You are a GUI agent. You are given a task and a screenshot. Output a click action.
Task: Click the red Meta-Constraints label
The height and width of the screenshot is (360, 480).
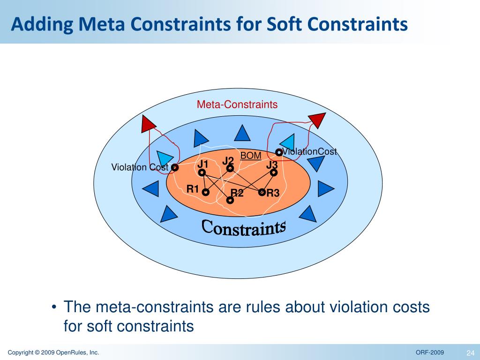pos(237,105)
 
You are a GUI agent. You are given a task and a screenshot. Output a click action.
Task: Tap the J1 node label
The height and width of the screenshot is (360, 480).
pos(202,164)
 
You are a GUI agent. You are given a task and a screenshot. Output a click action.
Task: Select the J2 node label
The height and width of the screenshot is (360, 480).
pos(228,161)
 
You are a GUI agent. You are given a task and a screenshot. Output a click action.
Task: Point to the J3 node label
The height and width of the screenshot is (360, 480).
pos(272,165)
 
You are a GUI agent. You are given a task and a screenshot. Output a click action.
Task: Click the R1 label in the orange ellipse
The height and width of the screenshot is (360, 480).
pos(193,189)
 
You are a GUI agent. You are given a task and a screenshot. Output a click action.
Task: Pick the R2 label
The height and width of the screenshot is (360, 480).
pos(237,193)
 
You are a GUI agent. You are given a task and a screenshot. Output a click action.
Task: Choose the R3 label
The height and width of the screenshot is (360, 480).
pos(273,193)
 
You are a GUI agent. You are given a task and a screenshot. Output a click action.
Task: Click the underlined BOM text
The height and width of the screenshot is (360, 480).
pos(251,156)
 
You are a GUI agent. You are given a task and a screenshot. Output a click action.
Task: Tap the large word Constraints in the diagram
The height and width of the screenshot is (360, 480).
pos(244,228)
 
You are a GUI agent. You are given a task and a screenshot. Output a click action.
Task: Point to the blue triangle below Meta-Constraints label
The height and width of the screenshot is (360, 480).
pos(242,133)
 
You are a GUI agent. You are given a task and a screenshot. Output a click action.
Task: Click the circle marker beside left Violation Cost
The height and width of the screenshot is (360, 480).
pos(175,167)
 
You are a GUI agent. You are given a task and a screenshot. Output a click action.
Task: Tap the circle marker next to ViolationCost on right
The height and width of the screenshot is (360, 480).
pos(279,152)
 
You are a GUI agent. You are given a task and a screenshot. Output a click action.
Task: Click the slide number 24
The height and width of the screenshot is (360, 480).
pos(470,352)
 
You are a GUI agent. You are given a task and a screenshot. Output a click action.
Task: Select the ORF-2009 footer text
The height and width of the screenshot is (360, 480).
pos(430,352)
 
